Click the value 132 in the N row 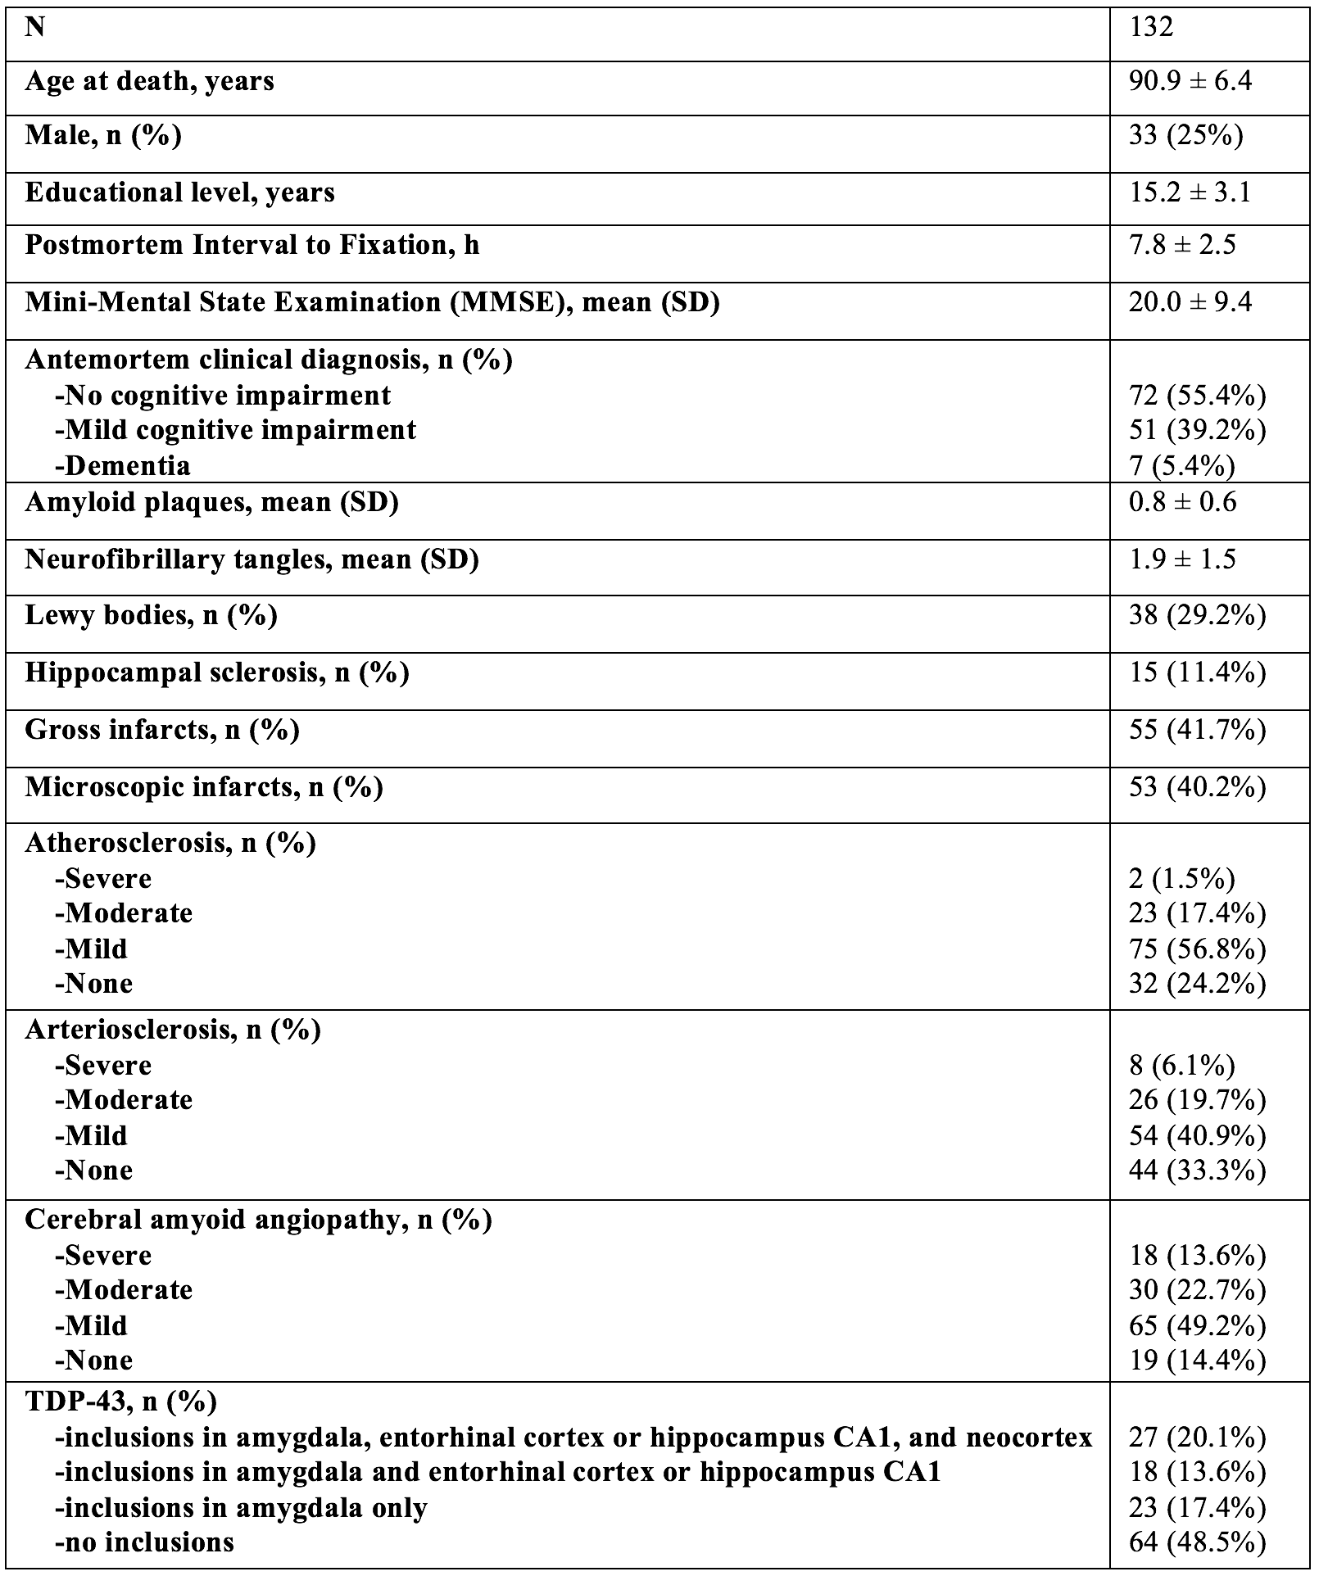[1151, 27]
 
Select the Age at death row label [149, 82]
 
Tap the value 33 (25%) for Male [1185, 135]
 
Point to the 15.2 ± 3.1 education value [1190, 192]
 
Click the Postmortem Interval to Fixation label [252, 245]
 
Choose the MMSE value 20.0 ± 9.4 [1190, 302]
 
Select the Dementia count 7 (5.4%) [1181, 465]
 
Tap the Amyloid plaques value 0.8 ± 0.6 [1182, 502]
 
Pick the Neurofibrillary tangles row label [252, 559]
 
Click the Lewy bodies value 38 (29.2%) [1197, 615]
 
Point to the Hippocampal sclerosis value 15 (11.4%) [1197, 673]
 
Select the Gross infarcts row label [161, 730]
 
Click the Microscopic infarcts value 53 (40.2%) [1197, 787]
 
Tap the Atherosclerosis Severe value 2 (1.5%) [1181, 879]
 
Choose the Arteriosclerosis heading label [172, 1030]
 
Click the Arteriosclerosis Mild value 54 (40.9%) [1197, 1136]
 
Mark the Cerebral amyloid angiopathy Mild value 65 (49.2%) [1197, 1326]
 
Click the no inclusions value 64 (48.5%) [1197, 1542]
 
